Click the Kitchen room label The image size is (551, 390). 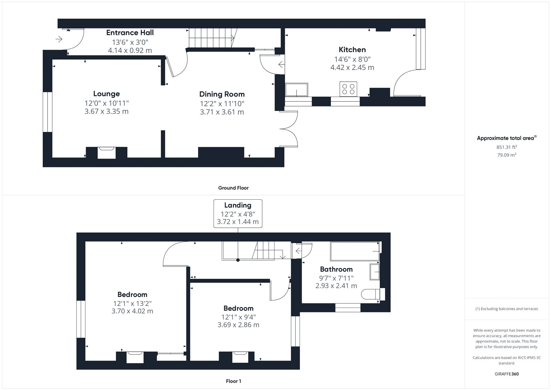point(352,50)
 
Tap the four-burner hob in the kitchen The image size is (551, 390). point(348,89)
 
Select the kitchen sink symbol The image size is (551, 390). point(297,90)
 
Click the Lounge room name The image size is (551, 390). point(106,94)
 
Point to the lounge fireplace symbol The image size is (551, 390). point(106,153)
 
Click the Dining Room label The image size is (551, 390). point(222,94)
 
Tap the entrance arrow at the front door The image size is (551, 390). point(59,39)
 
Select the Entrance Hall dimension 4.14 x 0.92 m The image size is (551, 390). point(130,50)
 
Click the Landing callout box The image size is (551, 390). point(238,213)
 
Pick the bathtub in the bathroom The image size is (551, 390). point(355,251)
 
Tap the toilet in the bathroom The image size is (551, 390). point(373,294)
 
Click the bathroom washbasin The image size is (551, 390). point(375,272)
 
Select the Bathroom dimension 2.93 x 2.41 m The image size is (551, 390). point(336,286)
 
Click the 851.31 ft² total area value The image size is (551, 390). point(507,147)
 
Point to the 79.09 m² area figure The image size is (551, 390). point(507,155)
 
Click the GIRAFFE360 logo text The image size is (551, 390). point(507,374)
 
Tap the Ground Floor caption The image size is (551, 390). point(233,188)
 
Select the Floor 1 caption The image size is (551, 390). point(233,381)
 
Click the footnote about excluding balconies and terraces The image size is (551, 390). point(507,309)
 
